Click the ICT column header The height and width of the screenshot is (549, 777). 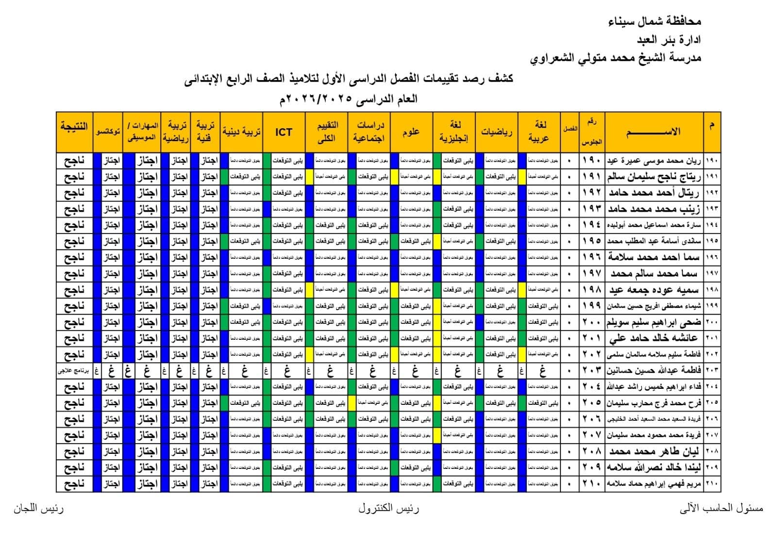[x=284, y=132]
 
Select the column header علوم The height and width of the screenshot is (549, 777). [x=411, y=132]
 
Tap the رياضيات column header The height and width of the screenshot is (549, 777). [x=496, y=132]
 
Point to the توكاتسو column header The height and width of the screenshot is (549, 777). [x=108, y=132]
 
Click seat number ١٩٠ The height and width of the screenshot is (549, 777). [x=591, y=160]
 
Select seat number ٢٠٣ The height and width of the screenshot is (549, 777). [x=591, y=370]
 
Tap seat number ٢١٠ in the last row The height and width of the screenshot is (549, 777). [x=591, y=483]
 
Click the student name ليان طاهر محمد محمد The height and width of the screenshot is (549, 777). [x=654, y=451]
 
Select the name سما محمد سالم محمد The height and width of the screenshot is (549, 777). [x=655, y=273]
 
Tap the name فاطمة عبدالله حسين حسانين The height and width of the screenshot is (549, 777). [x=654, y=370]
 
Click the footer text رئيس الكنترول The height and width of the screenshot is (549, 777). [x=388, y=508]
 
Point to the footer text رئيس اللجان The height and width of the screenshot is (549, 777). [x=38, y=508]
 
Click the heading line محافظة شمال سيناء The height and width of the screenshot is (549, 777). [x=655, y=22]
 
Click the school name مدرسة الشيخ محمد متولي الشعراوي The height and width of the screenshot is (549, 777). [x=615, y=58]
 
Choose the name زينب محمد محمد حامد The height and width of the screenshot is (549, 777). [x=655, y=209]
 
